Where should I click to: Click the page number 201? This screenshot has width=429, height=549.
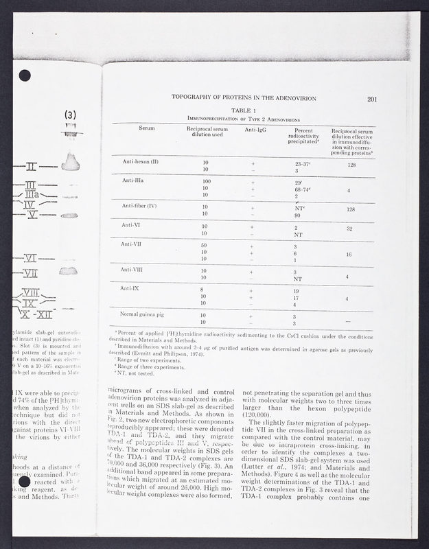coord(373,99)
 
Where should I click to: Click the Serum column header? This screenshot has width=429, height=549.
coord(146,128)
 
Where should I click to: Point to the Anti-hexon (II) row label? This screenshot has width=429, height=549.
coord(141,161)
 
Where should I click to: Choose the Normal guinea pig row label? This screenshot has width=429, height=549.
coord(146,314)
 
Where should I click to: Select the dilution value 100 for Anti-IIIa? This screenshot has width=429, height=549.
coord(205,182)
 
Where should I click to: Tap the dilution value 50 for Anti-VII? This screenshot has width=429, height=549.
coord(205,246)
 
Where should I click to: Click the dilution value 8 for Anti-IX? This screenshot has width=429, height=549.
coord(204,290)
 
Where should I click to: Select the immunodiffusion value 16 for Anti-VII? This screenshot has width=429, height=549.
coord(350,254)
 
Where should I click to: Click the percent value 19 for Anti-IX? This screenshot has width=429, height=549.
coord(296,291)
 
